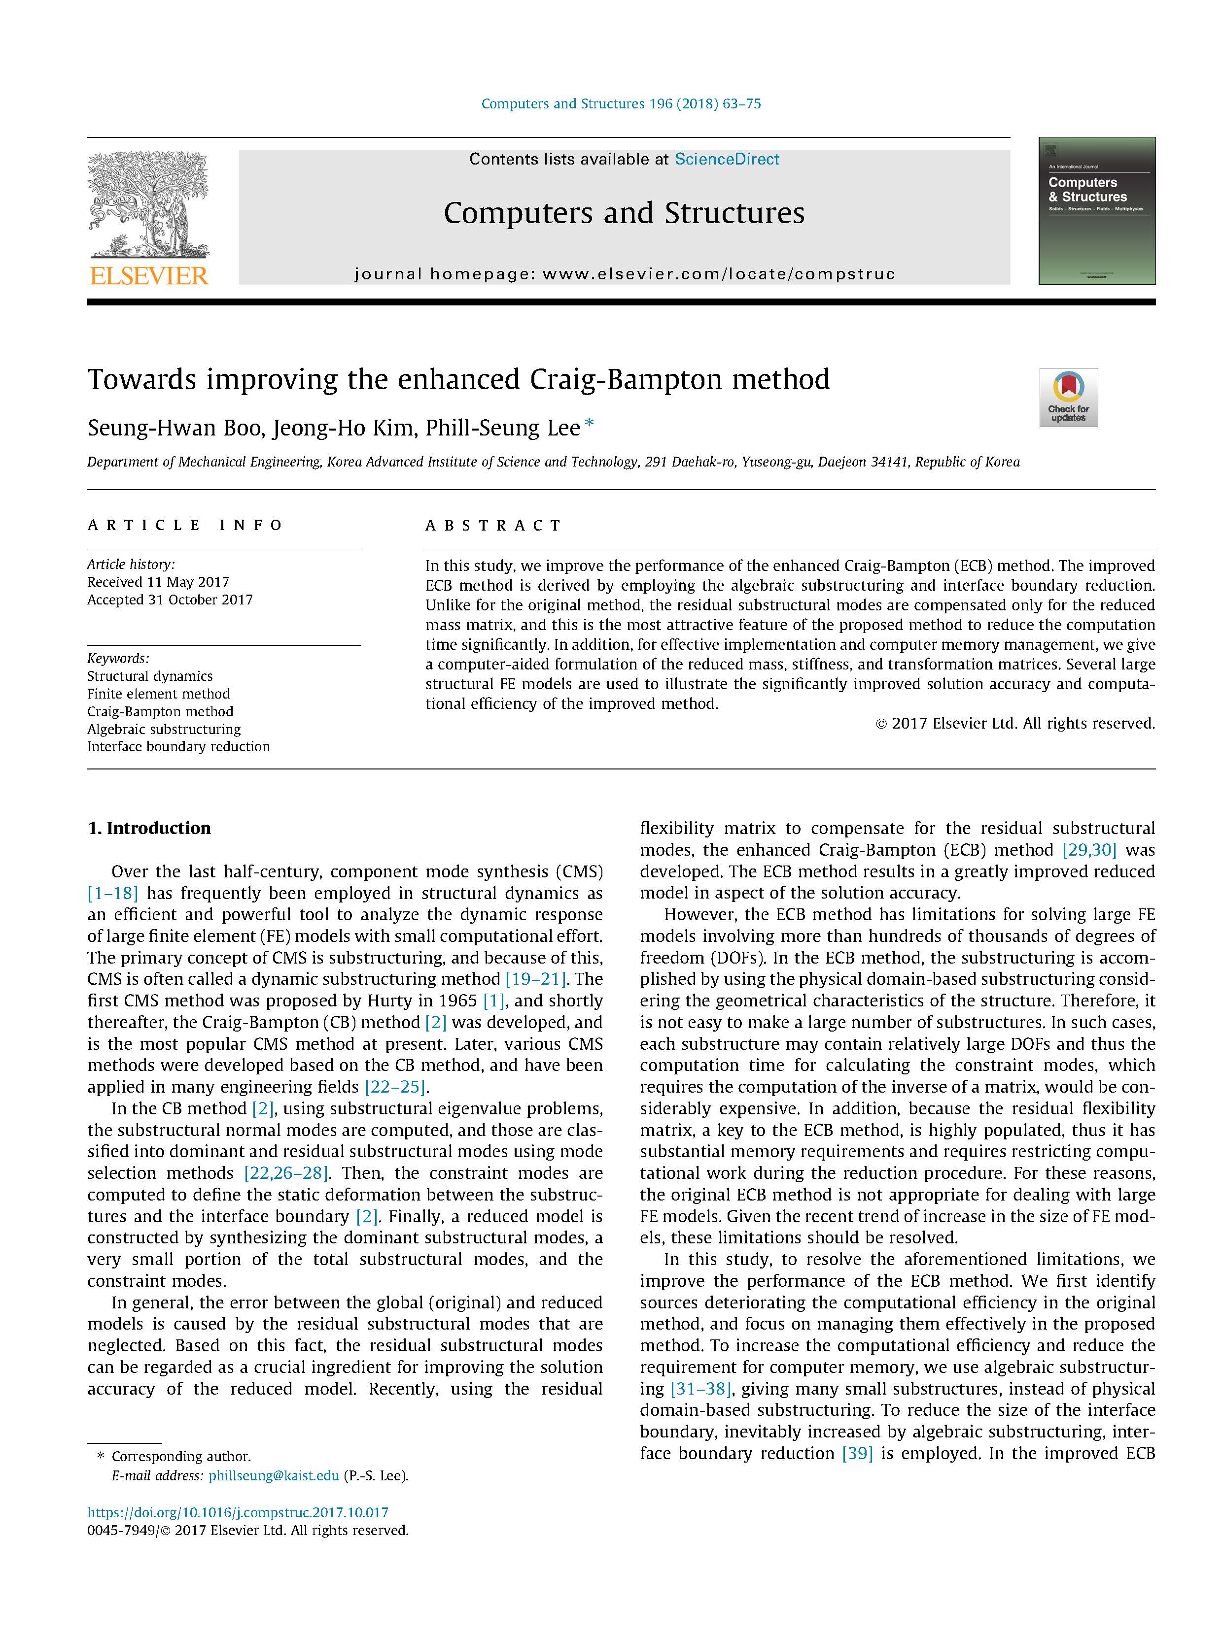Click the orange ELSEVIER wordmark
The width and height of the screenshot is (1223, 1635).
click(x=149, y=276)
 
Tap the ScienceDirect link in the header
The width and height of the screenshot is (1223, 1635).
click(x=726, y=159)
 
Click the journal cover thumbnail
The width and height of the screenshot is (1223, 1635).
click(x=1096, y=211)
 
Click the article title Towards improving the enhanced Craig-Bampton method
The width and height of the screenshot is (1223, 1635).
click(x=458, y=379)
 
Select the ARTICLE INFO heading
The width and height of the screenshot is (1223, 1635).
click(x=185, y=525)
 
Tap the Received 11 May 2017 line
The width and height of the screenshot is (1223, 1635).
click(x=158, y=582)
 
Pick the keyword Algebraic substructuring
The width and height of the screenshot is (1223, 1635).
click(x=164, y=729)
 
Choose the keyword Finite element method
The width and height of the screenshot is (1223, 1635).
click(x=158, y=693)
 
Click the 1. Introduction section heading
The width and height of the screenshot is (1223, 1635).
click(x=149, y=828)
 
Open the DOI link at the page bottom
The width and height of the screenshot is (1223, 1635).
click(x=238, y=1512)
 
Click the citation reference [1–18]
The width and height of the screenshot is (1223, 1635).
click(x=112, y=893)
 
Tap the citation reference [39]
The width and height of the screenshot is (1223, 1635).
click(x=857, y=1453)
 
